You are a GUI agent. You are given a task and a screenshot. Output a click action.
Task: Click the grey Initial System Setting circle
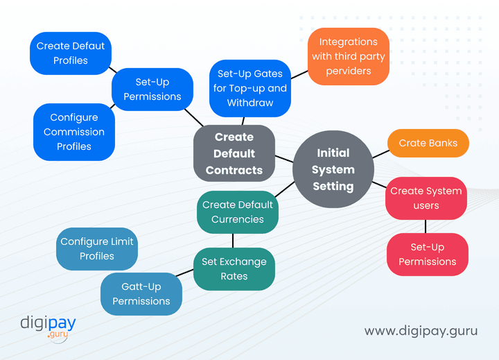pyautogui.click(x=333, y=169)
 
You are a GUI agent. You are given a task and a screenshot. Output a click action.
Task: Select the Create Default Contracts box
pyautogui.click(x=234, y=153)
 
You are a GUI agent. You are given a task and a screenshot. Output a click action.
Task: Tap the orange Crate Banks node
pyautogui.click(x=428, y=143)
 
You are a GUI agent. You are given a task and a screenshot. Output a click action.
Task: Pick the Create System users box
pyautogui.click(x=426, y=198)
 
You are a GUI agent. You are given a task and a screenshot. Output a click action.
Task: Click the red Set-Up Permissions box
pyautogui.click(x=427, y=255)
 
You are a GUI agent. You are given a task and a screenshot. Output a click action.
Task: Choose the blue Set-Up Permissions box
pyautogui.click(x=152, y=89)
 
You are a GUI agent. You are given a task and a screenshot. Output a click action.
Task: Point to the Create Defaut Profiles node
pyautogui.click(x=71, y=53)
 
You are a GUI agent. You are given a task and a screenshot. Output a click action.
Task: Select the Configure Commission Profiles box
pyautogui.click(x=74, y=132)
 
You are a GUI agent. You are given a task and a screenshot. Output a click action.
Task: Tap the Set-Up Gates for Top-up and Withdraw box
pyautogui.click(x=250, y=88)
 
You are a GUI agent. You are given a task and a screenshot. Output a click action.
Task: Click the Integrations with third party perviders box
pyautogui.click(x=348, y=56)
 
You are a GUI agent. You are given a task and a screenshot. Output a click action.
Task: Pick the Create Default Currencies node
pyautogui.click(x=238, y=212)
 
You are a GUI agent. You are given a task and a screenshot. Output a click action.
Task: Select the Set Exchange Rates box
pyautogui.click(x=234, y=269)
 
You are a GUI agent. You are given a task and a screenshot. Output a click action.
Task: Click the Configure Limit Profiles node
pyautogui.click(x=97, y=249)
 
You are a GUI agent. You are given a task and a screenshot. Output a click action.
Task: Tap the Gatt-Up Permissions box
pyautogui.click(x=141, y=294)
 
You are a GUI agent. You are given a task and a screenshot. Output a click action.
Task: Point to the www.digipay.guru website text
pyautogui.click(x=421, y=331)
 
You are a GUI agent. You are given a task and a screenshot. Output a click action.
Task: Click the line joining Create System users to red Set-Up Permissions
pyautogui.click(x=426, y=226)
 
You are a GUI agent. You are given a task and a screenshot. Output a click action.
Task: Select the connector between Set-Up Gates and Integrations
pyautogui.click(x=299, y=72)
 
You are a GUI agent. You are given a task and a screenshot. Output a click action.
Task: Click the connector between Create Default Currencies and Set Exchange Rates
pyautogui.click(x=233, y=241)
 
